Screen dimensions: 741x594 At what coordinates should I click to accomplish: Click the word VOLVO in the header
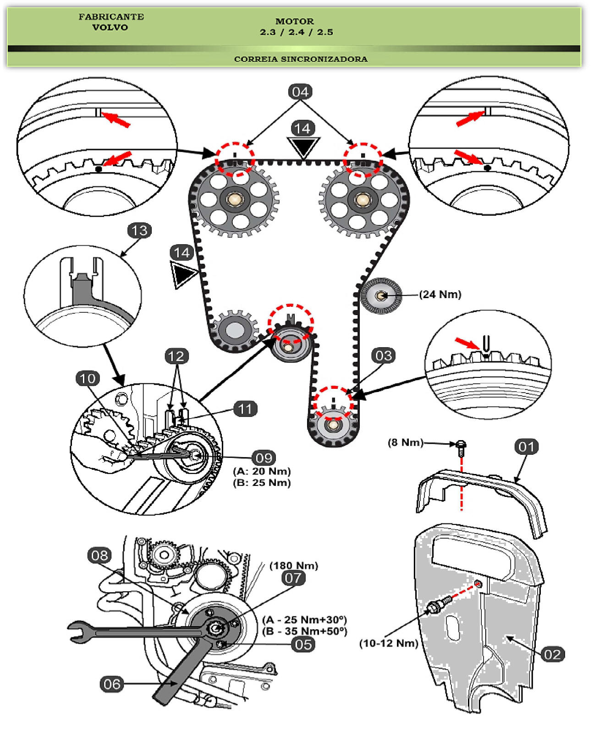110,27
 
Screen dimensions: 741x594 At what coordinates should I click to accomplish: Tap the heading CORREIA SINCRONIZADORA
301,59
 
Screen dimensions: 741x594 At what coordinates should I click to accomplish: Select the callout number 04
300,92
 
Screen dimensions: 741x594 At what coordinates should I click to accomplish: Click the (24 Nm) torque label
440,294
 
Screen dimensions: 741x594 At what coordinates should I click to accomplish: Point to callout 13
139,230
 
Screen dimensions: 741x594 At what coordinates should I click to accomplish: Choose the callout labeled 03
383,356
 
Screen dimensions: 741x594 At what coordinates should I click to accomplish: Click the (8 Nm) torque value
405,442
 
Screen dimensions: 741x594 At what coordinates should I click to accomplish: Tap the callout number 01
527,447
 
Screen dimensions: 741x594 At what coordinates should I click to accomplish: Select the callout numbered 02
552,654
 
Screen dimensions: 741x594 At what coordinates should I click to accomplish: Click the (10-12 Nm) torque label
389,643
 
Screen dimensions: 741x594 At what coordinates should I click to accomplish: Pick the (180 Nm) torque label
293,566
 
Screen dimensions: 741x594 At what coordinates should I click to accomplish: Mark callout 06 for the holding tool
112,684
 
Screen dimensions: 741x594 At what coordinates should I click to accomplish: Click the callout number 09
264,458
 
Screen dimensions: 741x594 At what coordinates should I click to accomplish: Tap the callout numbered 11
245,409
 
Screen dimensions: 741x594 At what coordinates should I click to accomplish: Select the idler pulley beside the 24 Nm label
381,296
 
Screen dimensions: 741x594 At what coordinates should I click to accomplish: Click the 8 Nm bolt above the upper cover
461,445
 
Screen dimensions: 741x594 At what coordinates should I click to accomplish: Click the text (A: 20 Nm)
262,471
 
